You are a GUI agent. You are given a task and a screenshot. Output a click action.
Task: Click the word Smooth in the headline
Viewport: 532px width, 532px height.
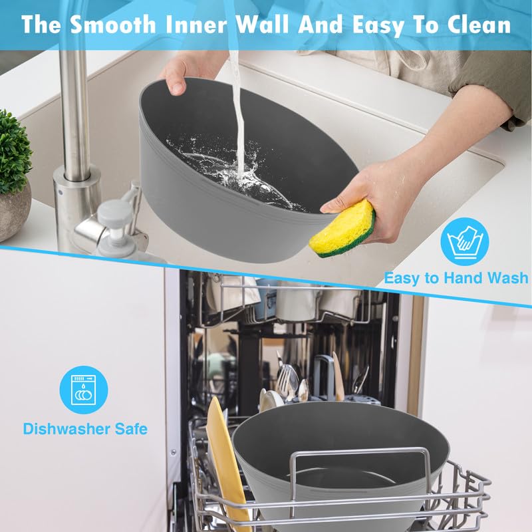click(x=112, y=25)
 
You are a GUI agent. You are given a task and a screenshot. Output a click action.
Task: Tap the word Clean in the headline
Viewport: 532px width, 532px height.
click(x=479, y=25)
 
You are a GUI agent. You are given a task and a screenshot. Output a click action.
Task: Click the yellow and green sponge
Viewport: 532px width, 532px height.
click(x=342, y=228)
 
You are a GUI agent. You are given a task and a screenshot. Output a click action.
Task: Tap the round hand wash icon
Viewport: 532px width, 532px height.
click(x=464, y=241)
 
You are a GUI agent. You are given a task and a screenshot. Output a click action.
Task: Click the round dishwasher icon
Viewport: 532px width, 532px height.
click(x=84, y=390)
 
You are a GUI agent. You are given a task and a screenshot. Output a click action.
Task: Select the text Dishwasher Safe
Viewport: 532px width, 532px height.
click(x=85, y=429)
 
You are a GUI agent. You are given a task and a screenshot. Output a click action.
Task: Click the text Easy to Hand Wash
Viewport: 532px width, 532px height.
click(x=456, y=278)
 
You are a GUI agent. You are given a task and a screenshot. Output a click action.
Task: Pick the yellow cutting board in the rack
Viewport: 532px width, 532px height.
click(x=227, y=462)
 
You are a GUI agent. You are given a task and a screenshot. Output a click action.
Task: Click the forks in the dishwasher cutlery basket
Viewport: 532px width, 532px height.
click(x=287, y=380)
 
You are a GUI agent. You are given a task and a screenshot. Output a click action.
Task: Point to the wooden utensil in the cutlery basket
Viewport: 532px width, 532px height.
click(x=338, y=376)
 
